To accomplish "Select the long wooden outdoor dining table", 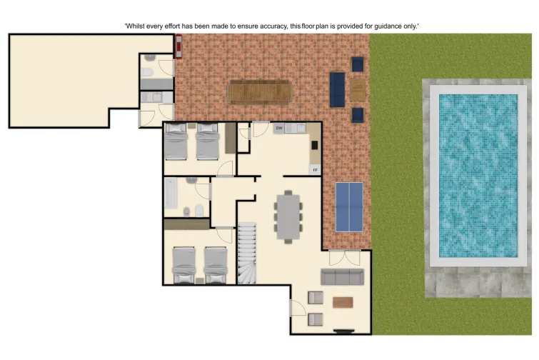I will (x=260, y=92).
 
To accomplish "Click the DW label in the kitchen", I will (x=279, y=129).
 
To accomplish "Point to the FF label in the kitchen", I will (x=313, y=169).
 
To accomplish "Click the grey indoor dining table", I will (x=288, y=215).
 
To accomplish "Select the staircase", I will (x=246, y=254).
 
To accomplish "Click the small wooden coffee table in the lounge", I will (x=343, y=302).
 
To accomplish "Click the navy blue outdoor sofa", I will (x=337, y=89).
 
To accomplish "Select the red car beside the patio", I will (x=177, y=46).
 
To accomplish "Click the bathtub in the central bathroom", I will (x=170, y=194).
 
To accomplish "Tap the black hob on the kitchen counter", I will (x=315, y=146).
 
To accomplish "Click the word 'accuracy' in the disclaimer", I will (x=272, y=26).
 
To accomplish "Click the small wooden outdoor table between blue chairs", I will (x=357, y=89).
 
